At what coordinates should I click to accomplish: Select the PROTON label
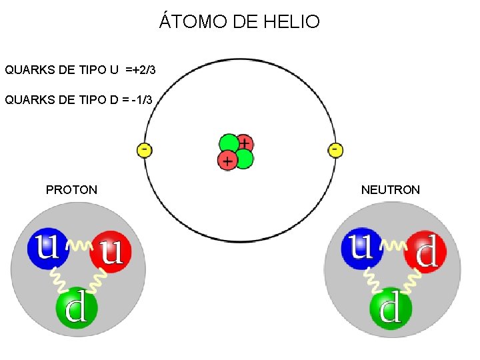tap(71, 190)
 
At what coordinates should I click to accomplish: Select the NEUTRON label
tap(391, 190)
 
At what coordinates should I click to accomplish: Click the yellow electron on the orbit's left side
tap(144, 149)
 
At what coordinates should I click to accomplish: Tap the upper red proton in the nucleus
tap(245, 143)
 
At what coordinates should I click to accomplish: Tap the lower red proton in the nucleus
tap(227, 160)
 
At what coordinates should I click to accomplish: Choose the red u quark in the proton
tap(111, 251)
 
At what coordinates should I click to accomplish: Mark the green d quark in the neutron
tap(391, 307)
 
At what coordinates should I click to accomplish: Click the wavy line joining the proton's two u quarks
tap(79, 247)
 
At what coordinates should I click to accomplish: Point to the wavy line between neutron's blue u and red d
tap(393, 247)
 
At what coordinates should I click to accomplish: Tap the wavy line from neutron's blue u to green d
tap(371, 278)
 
